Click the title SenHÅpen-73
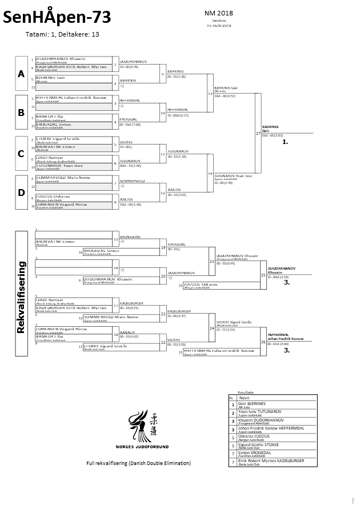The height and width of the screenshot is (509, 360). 58,19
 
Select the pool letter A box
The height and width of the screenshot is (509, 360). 21,74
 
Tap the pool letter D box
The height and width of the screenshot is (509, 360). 21,193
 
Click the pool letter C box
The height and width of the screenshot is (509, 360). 21,153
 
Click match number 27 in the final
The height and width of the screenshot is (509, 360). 258,133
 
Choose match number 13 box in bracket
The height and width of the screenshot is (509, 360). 210,93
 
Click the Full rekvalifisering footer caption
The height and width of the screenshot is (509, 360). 138,463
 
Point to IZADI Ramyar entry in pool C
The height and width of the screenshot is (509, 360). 49,156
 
